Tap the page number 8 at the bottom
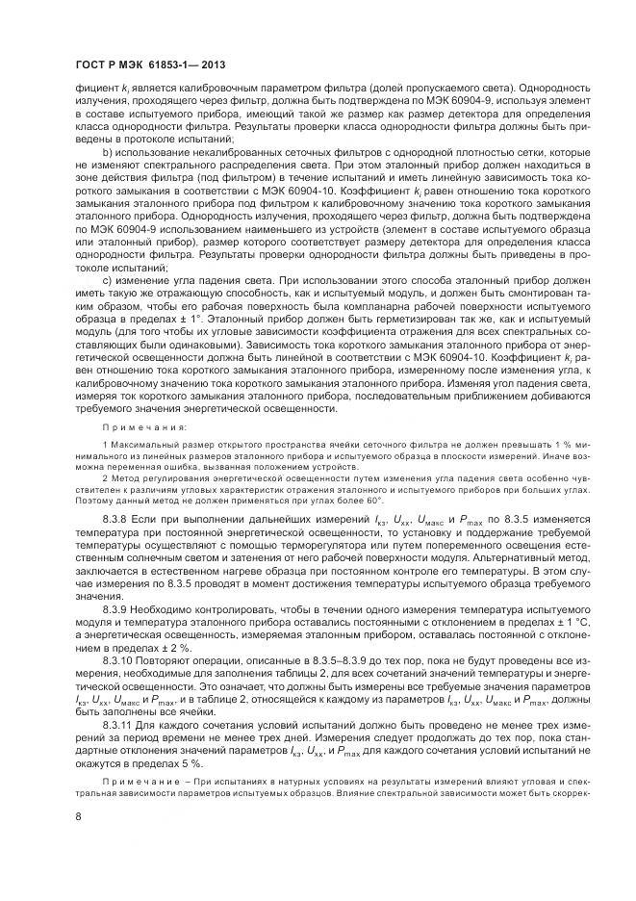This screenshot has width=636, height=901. pyautogui.click(x=76, y=817)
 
